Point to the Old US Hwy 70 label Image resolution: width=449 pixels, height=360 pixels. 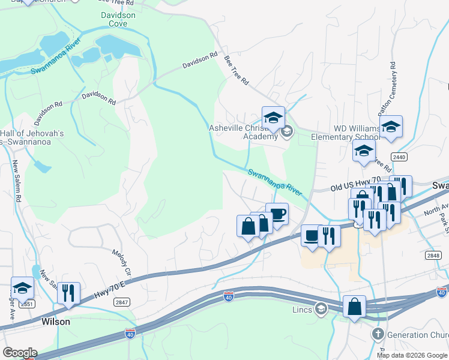click(x=356, y=188)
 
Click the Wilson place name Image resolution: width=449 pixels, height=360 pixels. click(x=56, y=322)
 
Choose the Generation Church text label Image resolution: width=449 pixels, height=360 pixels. click(x=417, y=334)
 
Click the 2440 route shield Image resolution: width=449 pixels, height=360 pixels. click(x=399, y=157)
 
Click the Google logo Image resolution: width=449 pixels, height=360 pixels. click(x=20, y=353)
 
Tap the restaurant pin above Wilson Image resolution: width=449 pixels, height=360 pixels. click(x=68, y=293)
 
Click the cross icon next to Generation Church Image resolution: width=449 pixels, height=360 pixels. click(x=378, y=334)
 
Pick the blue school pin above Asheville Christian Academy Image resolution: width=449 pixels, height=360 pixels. click(x=273, y=116)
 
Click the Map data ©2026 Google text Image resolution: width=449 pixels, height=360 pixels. click(x=412, y=355)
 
